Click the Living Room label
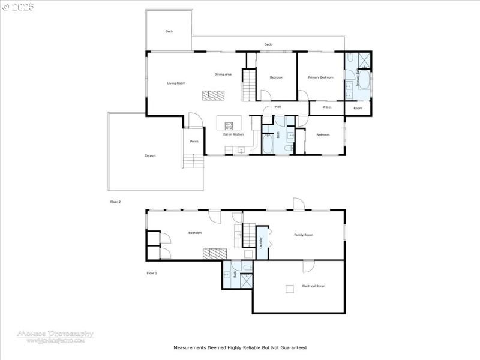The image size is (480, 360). [176, 83]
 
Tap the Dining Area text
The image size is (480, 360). [223, 74]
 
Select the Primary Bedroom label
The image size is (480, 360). [320, 77]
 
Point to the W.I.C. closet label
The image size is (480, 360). [327, 107]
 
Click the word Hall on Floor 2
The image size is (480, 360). [278, 107]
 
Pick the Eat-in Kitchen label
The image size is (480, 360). [233, 134]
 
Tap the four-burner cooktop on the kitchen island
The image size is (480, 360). [229, 125]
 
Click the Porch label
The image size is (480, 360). [194, 142]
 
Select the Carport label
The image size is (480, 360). [150, 155]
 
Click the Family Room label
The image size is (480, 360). [303, 235]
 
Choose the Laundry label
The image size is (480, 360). [261, 242]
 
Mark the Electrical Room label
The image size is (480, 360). [313, 286]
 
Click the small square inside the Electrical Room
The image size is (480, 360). [289, 289]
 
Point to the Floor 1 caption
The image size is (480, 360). [152, 273]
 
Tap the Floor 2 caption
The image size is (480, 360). [115, 202]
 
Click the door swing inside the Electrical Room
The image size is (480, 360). [308, 266]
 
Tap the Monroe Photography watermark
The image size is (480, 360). [55, 336]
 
